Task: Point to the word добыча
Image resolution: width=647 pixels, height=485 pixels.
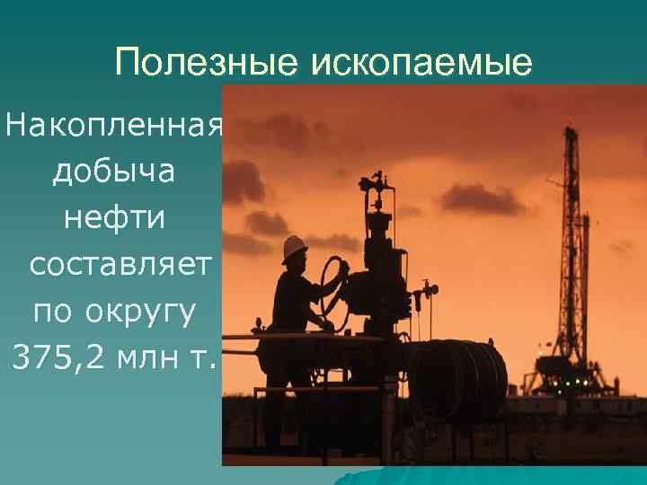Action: coord(113,172)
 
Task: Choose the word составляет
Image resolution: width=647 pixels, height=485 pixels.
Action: coord(120,265)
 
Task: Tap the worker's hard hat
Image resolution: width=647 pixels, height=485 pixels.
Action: coord(294,247)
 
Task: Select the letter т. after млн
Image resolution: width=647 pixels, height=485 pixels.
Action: coord(203,359)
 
